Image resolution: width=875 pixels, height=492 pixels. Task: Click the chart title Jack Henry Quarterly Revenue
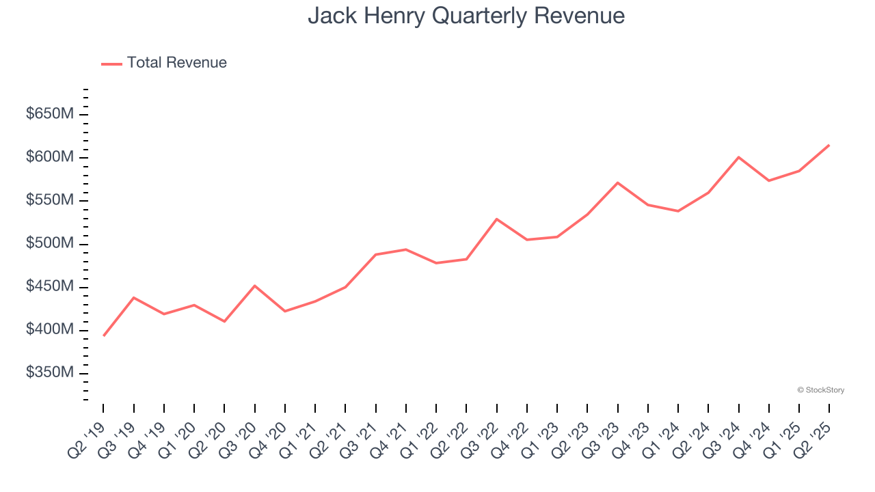[466, 16]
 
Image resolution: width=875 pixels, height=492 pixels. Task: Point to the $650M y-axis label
[49, 114]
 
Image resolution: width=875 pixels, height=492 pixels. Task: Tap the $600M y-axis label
[49, 157]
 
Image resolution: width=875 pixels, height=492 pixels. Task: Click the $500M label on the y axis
[49, 244]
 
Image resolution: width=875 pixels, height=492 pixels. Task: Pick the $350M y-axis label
[49, 373]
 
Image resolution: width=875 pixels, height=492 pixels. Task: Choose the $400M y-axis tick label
[49, 330]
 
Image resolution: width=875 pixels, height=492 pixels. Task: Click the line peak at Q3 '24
[739, 157]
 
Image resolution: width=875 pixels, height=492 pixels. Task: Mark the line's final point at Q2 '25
[829, 145]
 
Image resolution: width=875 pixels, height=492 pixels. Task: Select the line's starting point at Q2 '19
[103, 336]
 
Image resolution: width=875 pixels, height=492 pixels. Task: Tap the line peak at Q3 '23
[618, 182]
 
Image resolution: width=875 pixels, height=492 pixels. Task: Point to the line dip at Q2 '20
[224, 321]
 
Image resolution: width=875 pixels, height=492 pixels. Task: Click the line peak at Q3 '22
[497, 219]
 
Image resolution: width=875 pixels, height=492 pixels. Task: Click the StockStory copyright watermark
[820, 390]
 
